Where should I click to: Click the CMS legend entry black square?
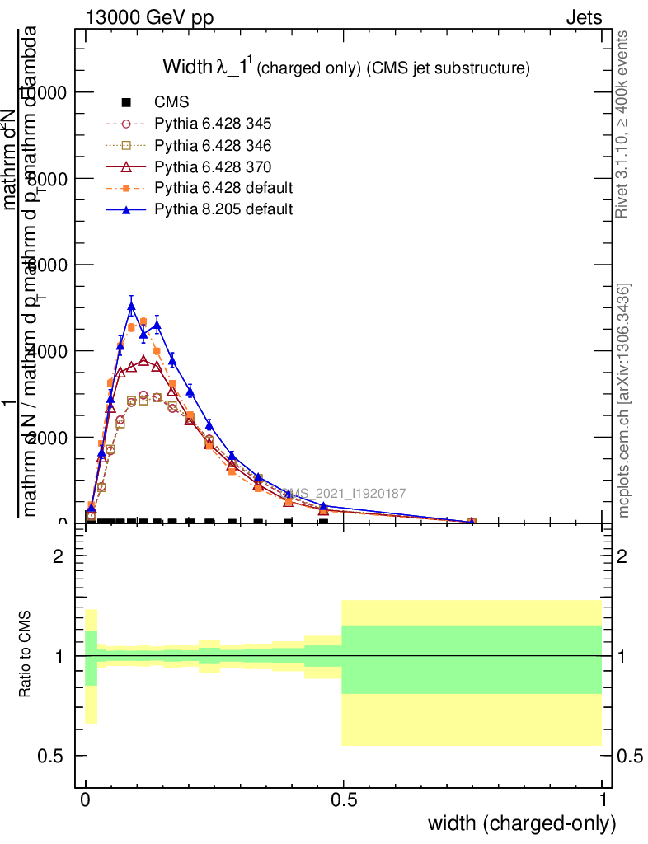pyautogui.click(x=126, y=102)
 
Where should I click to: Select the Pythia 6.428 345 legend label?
pyautogui.click(x=213, y=124)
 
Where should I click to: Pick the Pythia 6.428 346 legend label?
pyautogui.click(x=213, y=145)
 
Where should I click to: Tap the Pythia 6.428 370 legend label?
pyautogui.click(x=213, y=166)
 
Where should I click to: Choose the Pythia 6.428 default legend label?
pyautogui.click(x=223, y=188)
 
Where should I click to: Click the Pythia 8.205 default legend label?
pyautogui.click(x=223, y=209)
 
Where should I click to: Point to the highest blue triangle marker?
pyautogui.click(x=131, y=307)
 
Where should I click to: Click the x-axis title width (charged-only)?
pyautogui.click(x=522, y=823)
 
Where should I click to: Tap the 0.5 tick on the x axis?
pyautogui.click(x=344, y=799)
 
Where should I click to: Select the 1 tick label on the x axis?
pyautogui.click(x=603, y=799)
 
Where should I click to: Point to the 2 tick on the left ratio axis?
pyautogui.click(x=59, y=556)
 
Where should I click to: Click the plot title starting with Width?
pyautogui.click(x=345, y=68)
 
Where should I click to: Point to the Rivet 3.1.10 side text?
pyautogui.click(x=622, y=124)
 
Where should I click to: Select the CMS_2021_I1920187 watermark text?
pyautogui.click(x=344, y=494)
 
